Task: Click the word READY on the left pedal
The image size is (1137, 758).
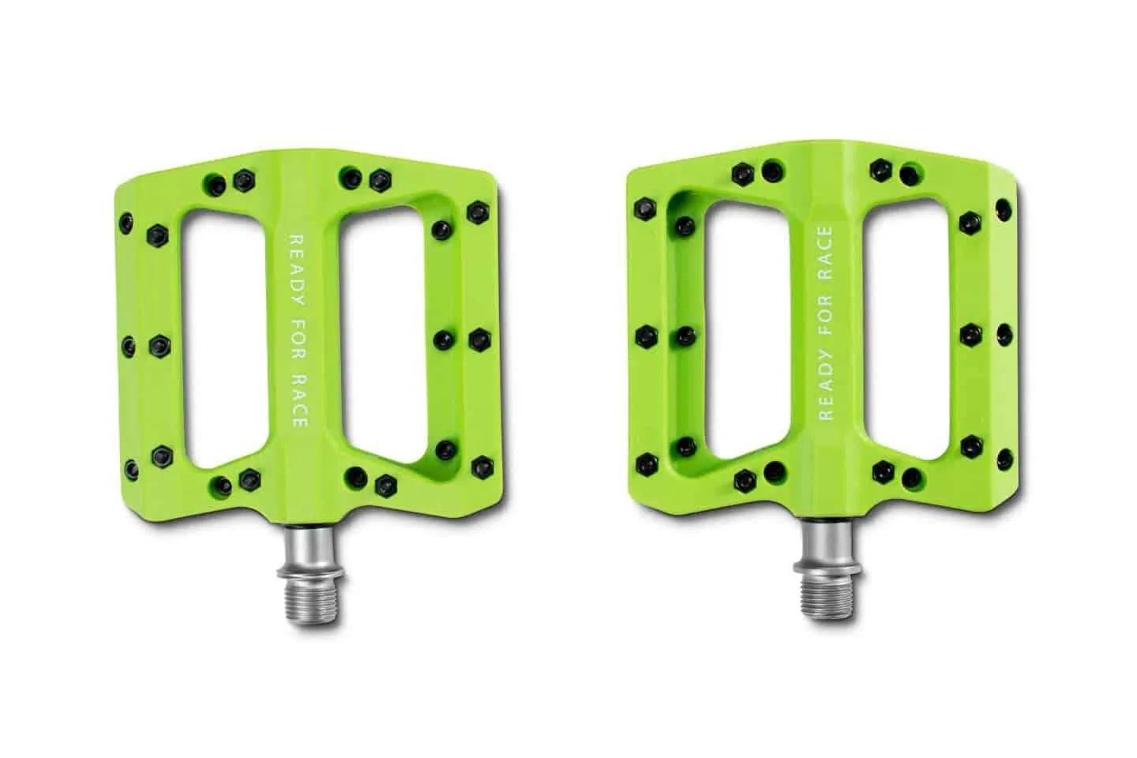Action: (298, 269)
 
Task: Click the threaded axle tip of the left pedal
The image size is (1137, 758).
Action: (313, 602)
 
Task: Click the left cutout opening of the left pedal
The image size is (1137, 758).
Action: (225, 340)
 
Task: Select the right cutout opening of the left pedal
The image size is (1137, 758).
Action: (384, 335)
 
